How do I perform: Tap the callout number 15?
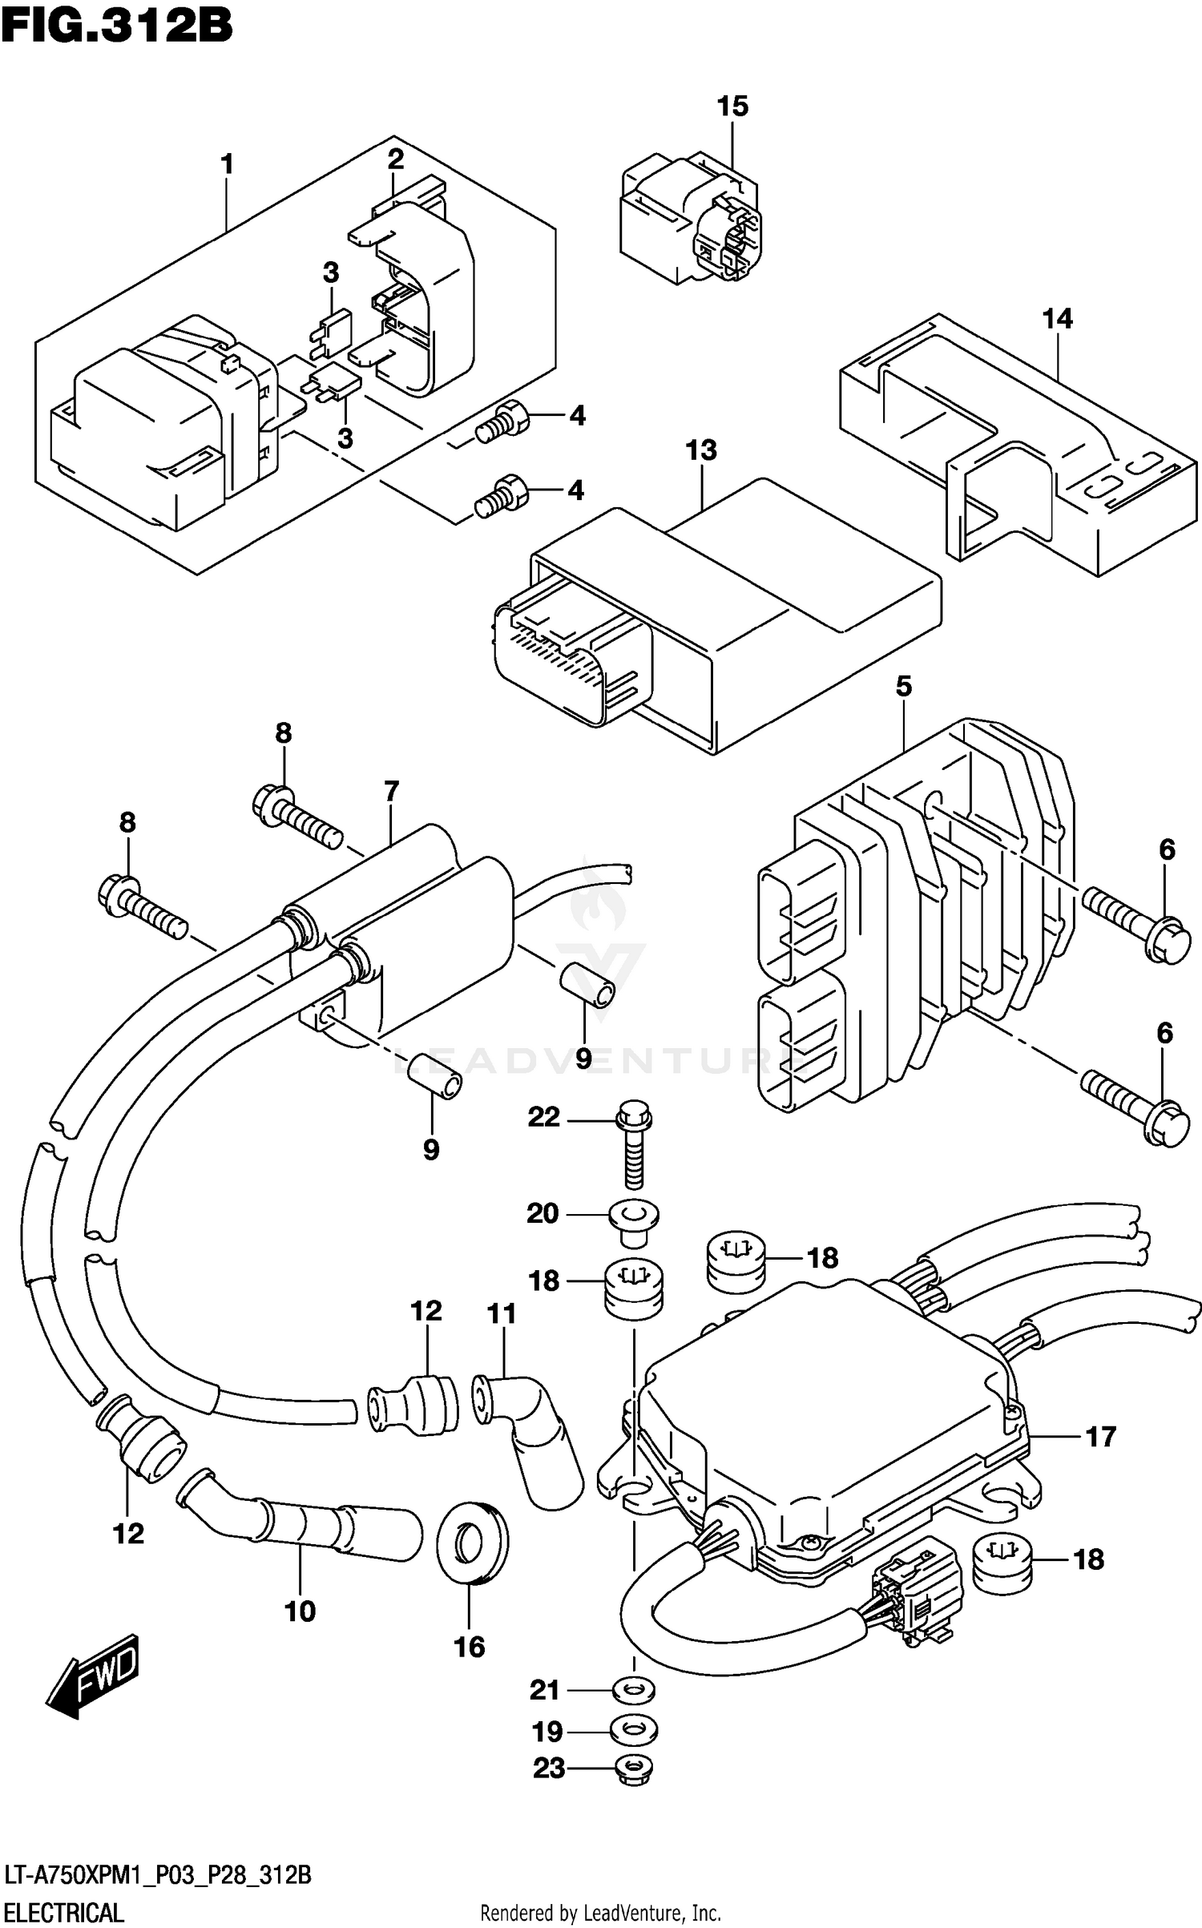pyautogui.click(x=732, y=106)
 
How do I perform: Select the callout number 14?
pyautogui.click(x=1056, y=319)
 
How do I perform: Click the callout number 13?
pyautogui.click(x=701, y=450)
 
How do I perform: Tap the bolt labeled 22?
pyautogui.click(x=634, y=1146)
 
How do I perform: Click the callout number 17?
pyautogui.click(x=1100, y=1437)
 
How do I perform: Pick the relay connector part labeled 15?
pyautogui.click(x=691, y=218)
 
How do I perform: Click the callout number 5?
pyautogui.click(x=903, y=686)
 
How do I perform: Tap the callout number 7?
pyautogui.click(x=391, y=792)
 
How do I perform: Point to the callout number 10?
pyautogui.click(x=300, y=1611)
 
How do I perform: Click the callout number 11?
pyautogui.click(x=502, y=1314)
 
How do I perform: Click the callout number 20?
pyautogui.click(x=543, y=1213)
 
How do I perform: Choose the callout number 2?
pyautogui.click(x=395, y=159)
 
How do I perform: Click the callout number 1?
pyautogui.click(x=228, y=164)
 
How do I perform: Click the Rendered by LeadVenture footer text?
pyautogui.click(x=600, y=1914)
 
